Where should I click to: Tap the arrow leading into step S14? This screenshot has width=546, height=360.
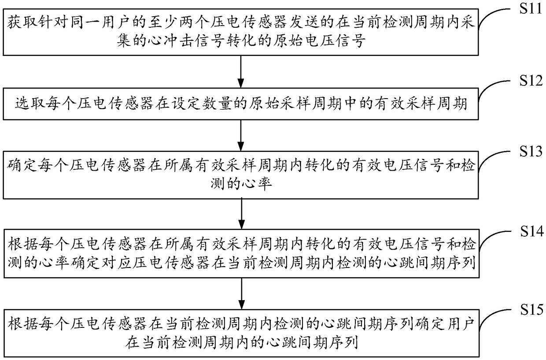pyautogui.click(x=240, y=214)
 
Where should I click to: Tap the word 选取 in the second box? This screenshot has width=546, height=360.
pyautogui.click(x=25, y=105)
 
